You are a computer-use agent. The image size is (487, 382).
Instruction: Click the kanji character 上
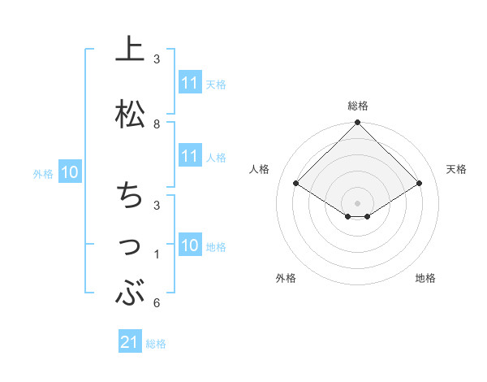[x=131, y=50]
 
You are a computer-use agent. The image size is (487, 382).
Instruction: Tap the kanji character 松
[x=131, y=113]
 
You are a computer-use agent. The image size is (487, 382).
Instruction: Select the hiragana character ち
[x=131, y=196]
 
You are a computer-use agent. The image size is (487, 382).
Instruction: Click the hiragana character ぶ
[x=131, y=292]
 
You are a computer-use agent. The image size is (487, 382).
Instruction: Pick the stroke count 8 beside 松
[x=157, y=124]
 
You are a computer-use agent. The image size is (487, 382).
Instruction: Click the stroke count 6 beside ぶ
[x=157, y=303]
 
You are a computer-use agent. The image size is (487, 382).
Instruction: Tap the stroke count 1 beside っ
[x=157, y=254]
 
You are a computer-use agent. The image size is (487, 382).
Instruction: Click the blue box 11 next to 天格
[x=190, y=83]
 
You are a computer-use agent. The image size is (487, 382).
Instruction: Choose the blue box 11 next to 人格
[x=190, y=157]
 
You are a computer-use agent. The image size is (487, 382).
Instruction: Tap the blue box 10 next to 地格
[x=190, y=246]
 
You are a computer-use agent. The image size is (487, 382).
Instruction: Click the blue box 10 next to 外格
[x=70, y=172]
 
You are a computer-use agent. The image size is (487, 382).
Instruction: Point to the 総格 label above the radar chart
[x=357, y=106]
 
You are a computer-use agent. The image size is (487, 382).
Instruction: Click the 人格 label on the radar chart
[x=260, y=169]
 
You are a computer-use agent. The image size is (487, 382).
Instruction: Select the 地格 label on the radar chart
[x=425, y=278]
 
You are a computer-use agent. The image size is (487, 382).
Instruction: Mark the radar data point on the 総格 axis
[x=357, y=124]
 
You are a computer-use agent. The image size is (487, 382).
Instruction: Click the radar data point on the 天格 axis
[x=419, y=184]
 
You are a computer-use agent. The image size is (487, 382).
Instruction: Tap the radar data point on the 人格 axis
[x=296, y=184]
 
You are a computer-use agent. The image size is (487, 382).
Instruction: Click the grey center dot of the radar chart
[x=357, y=202]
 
